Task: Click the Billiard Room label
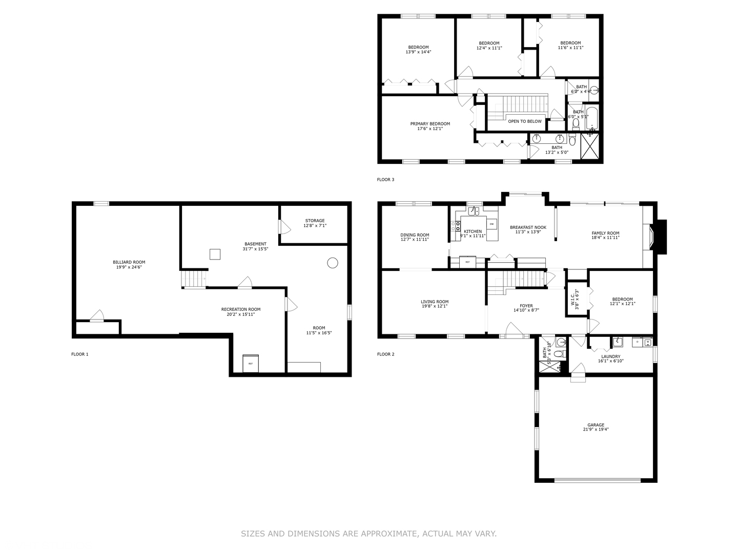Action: pos(129,262)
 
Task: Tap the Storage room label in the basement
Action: pos(315,221)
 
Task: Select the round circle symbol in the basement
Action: pos(333,263)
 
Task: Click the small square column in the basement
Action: pos(215,254)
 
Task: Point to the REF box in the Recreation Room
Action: pos(251,364)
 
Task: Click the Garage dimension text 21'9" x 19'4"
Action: pos(596,430)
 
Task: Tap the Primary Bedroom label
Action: pos(430,124)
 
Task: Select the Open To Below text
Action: pos(524,121)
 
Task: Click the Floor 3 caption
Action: pos(385,180)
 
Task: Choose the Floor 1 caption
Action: pos(79,354)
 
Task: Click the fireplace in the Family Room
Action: pos(652,237)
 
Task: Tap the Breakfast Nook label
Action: pos(528,227)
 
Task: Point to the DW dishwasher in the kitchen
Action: pos(491,224)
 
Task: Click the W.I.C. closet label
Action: pos(572,299)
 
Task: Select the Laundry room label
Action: pos(610,356)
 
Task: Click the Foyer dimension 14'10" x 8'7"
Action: pos(526,310)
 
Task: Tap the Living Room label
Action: pos(435,302)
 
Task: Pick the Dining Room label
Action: pos(415,235)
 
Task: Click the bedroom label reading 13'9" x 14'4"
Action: pos(418,52)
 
